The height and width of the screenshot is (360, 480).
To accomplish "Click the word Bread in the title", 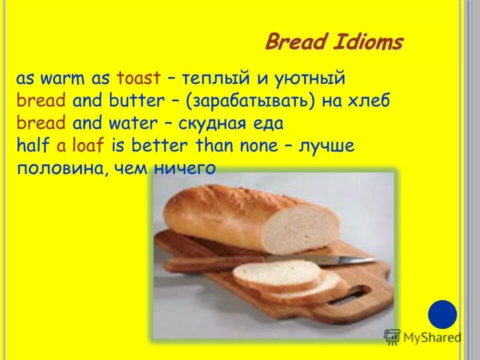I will [295, 41].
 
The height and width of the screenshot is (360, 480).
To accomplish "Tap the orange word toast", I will [138, 78].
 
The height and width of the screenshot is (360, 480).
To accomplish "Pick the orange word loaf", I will [88, 145].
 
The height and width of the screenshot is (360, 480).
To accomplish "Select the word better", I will [158, 145].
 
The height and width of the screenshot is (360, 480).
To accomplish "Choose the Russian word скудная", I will [213, 123].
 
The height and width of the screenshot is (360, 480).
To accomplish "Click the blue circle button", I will [442, 314].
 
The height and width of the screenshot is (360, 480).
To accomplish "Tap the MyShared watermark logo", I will [422, 336].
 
